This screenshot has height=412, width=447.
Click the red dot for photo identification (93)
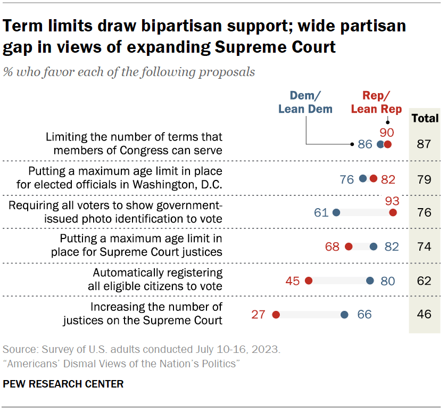pos(393,212)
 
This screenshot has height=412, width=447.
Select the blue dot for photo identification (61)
pos(336,212)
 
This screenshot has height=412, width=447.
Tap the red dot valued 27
pos(276,315)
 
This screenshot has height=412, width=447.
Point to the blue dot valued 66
pos(344,315)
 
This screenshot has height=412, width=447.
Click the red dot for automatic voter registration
pos(308,281)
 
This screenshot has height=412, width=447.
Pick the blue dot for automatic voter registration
pos(370,281)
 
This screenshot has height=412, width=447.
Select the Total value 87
pos(424,144)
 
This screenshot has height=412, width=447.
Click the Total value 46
pos(424,314)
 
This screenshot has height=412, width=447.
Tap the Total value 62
pos(424,281)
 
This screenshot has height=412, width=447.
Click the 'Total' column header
pos(425,118)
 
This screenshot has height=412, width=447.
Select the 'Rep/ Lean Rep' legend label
pos(376,102)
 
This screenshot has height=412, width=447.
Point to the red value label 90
pos(386,131)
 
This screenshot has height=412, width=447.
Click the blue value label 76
pos(347,179)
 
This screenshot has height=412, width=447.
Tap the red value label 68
pos(333,246)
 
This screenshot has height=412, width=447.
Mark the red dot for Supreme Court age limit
pos(349,246)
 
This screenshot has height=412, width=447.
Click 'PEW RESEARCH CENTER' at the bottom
pos(63,384)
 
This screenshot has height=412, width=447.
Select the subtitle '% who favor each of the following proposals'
pos(129,72)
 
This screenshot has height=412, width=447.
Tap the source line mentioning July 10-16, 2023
pos(142,350)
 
